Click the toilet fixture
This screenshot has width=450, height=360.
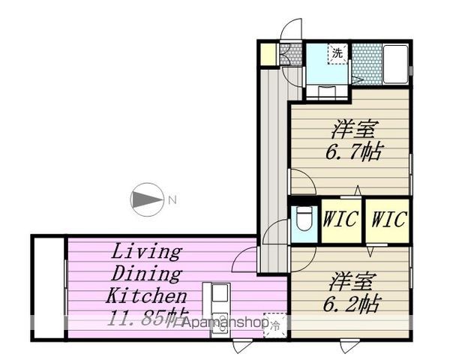[303, 218]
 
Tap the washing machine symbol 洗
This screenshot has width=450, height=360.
[337, 53]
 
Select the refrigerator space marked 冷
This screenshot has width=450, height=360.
[275, 325]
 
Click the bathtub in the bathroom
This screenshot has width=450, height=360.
[396, 64]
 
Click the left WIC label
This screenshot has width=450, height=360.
[340, 219]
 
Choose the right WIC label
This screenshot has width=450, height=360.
[388, 219]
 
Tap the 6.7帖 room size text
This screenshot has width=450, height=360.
[353, 151]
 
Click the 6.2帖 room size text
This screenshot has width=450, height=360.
[352, 304]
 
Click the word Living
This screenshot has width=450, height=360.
[146, 252]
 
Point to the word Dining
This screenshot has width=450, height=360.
[146, 274]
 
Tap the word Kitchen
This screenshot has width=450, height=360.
[146, 295]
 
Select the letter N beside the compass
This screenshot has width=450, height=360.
[172, 199]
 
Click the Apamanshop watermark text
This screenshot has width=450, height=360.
[226, 323]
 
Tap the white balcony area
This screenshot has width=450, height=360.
[49, 288]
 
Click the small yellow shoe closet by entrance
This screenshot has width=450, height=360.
[268, 54]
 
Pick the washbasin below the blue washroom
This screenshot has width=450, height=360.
[328, 91]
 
